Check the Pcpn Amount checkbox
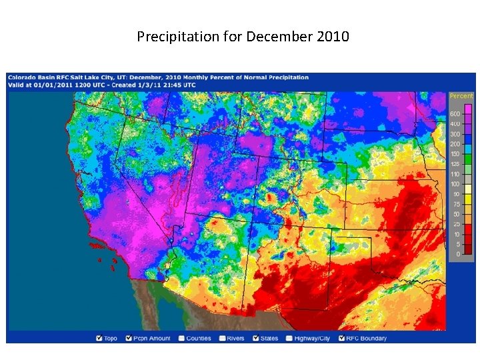[x=129, y=338]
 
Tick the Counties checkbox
[x=181, y=338]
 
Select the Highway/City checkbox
[x=290, y=338]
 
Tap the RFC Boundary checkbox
[x=343, y=338]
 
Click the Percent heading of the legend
[x=461, y=96]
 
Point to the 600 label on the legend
[x=455, y=114]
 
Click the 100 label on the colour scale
[x=455, y=184]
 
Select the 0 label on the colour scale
[x=458, y=254]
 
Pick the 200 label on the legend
[x=455, y=144]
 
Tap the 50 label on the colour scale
[x=456, y=214]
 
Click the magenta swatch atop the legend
[x=469, y=109]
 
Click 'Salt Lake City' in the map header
[x=80, y=77]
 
